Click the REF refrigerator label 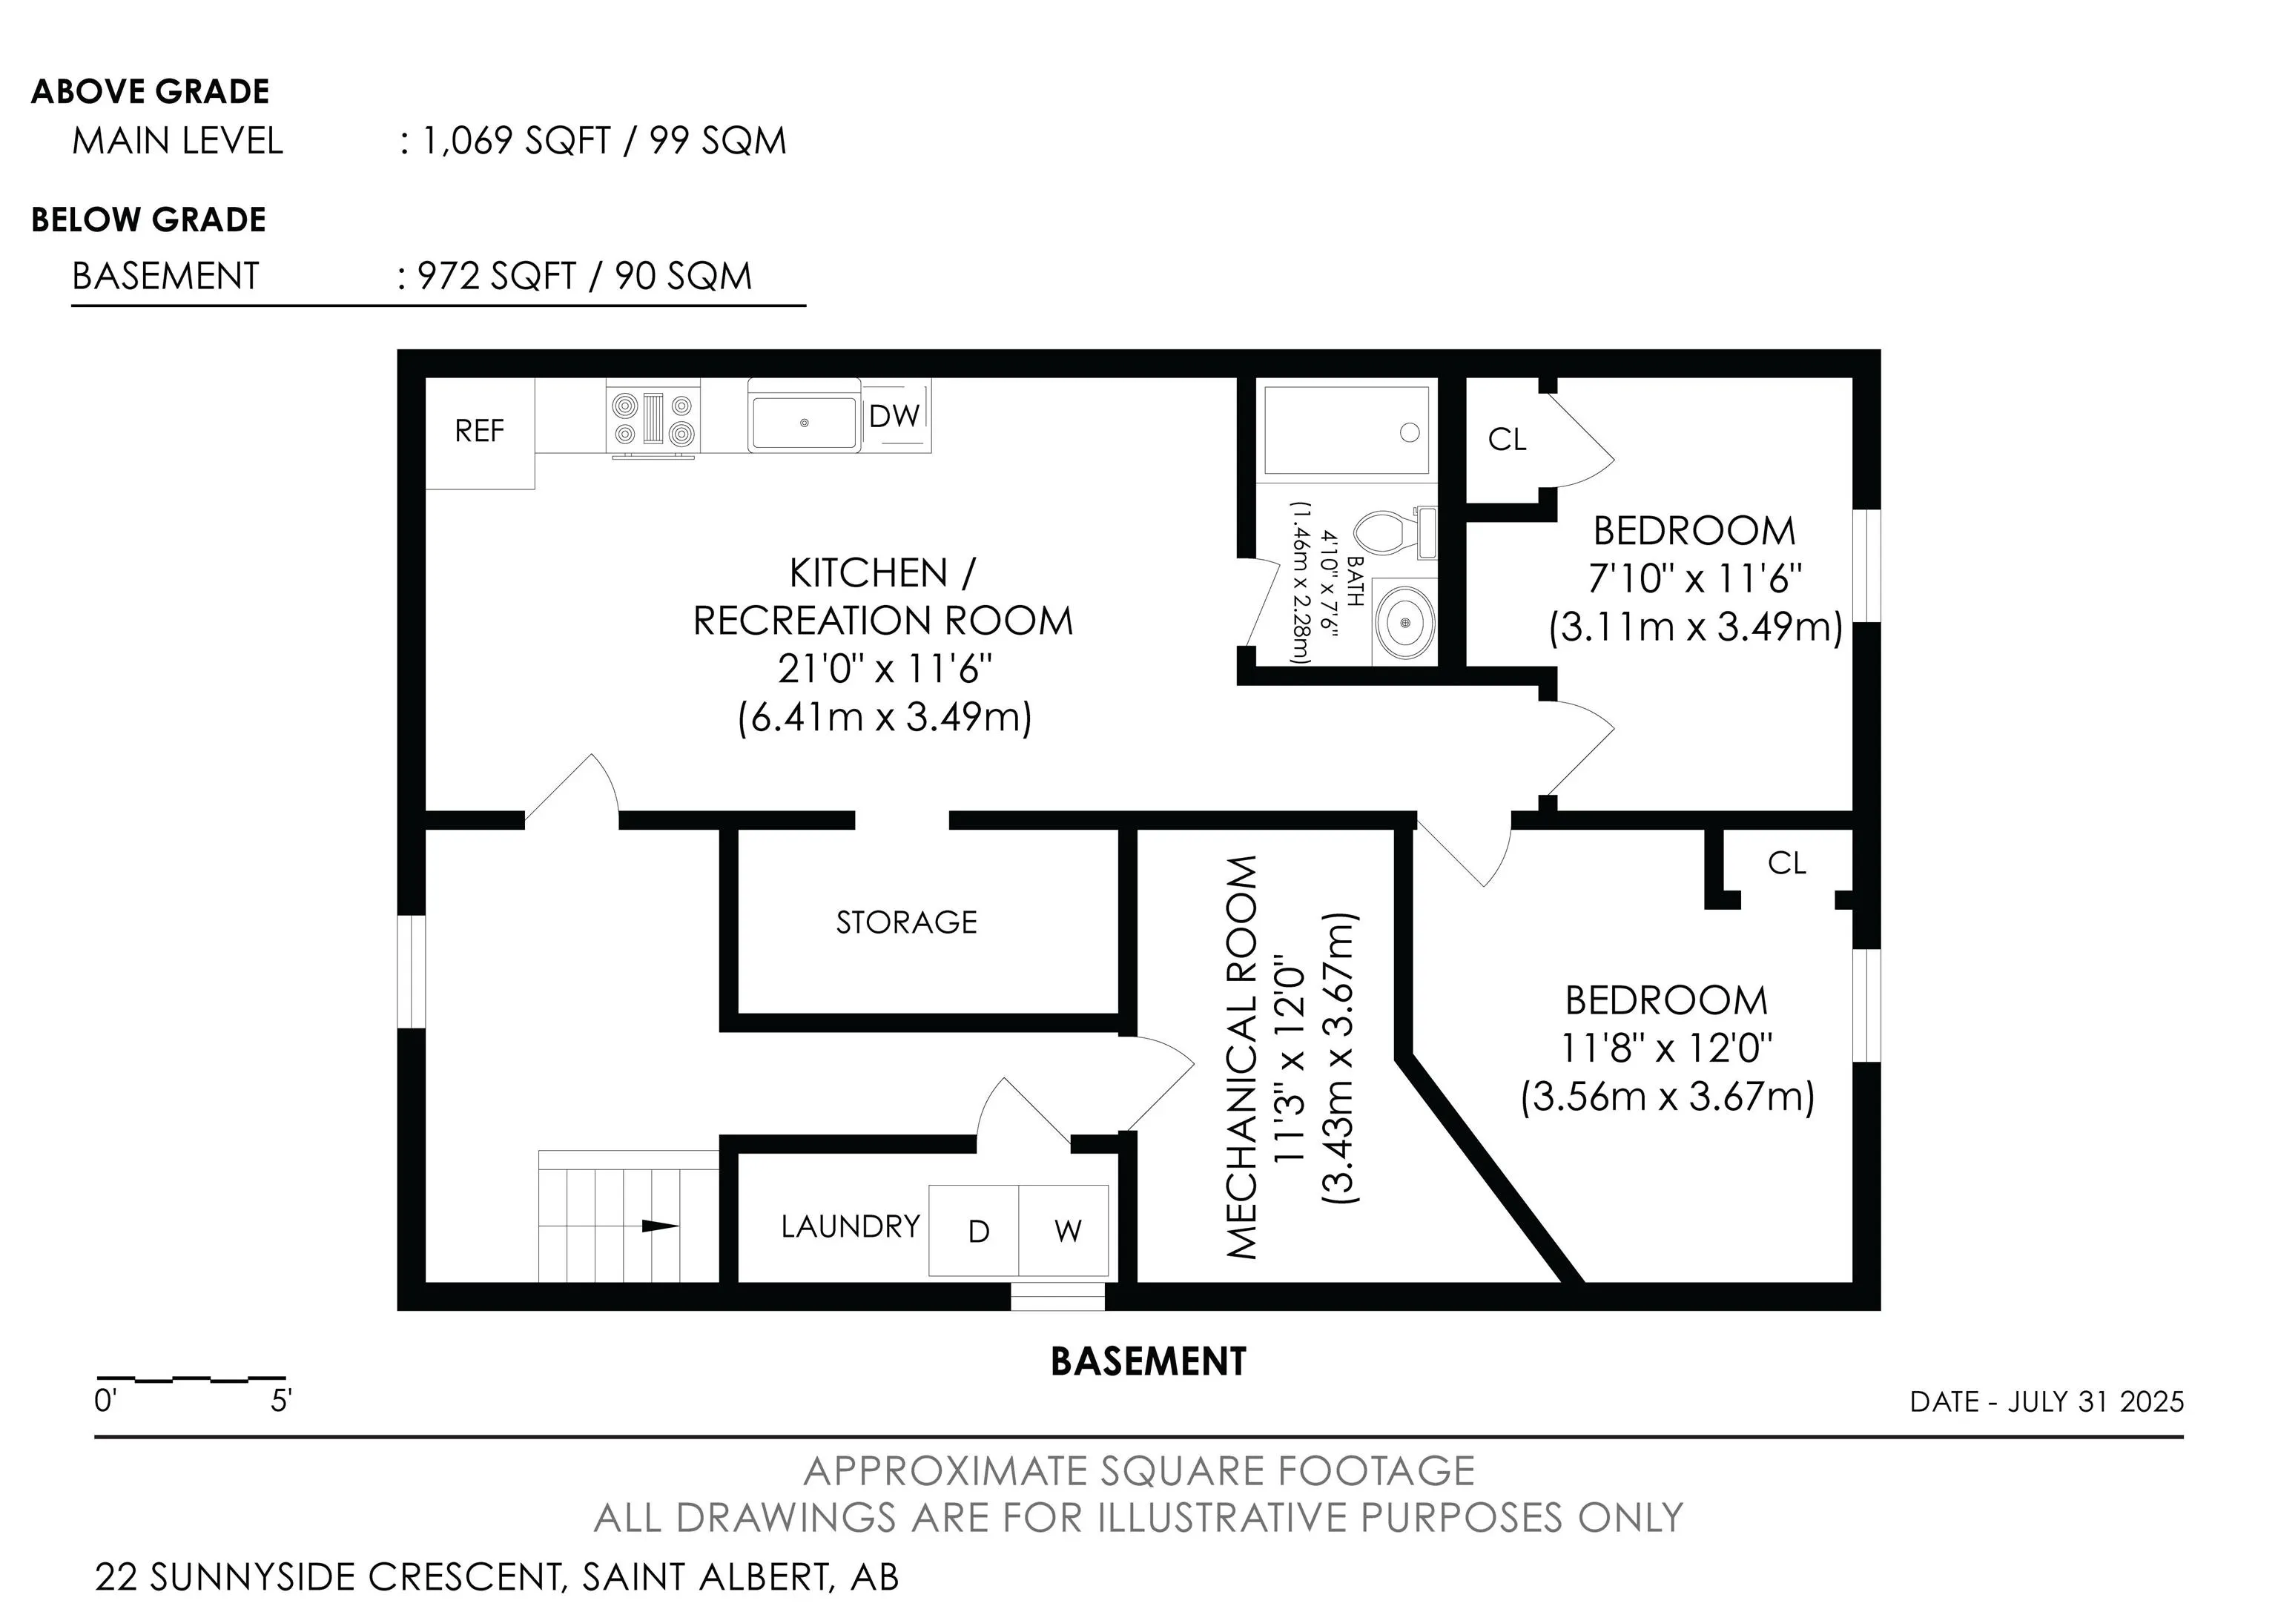click(x=479, y=431)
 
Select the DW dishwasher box click(x=896, y=416)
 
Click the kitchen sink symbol click(x=804, y=423)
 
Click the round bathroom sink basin click(x=1406, y=622)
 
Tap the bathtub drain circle click(x=1409, y=432)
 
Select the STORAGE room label click(x=906, y=922)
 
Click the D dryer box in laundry click(x=974, y=1230)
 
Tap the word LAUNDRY click(x=851, y=1227)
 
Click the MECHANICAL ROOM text click(x=1242, y=1057)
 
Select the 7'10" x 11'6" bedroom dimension click(x=1696, y=578)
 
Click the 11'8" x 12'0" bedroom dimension click(x=1667, y=1048)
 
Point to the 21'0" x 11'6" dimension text click(x=884, y=669)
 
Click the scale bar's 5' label click(x=281, y=1401)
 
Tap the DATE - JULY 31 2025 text click(x=2047, y=1401)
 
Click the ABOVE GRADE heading click(x=151, y=91)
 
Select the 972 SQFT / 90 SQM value click(x=584, y=276)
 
